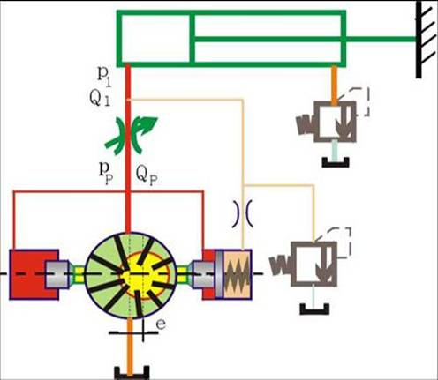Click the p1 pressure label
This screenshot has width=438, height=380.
coord(104,78)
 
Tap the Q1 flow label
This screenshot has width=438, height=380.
coord(100,99)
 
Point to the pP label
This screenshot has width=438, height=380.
coord(106,173)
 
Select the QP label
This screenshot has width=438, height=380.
coord(147,175)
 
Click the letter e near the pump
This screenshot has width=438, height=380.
coord(161,324)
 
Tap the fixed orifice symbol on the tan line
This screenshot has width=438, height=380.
coord(242,213)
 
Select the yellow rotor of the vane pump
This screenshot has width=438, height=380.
coord(146,276)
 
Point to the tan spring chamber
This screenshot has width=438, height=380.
coord(237,274)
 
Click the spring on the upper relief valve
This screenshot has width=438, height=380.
coord(305,124)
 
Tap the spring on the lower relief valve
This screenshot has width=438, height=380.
coord(280,265)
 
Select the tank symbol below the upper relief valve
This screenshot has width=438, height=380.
coord(336,162)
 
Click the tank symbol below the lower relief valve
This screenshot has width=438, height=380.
coord(314,309)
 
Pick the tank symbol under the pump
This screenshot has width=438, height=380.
coord(132,372)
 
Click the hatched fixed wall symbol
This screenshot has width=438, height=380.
coord(425,40)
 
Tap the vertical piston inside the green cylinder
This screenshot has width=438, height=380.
coord(192,38)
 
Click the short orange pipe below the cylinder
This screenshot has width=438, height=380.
coord(334,85)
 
